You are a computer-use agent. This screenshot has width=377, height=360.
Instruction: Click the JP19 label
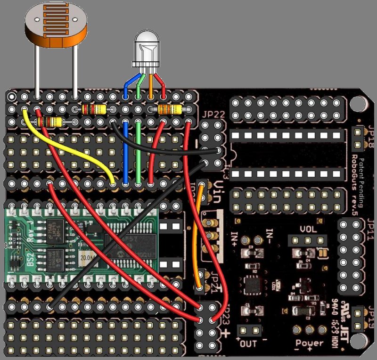369,317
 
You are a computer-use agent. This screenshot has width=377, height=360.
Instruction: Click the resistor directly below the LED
170,110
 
